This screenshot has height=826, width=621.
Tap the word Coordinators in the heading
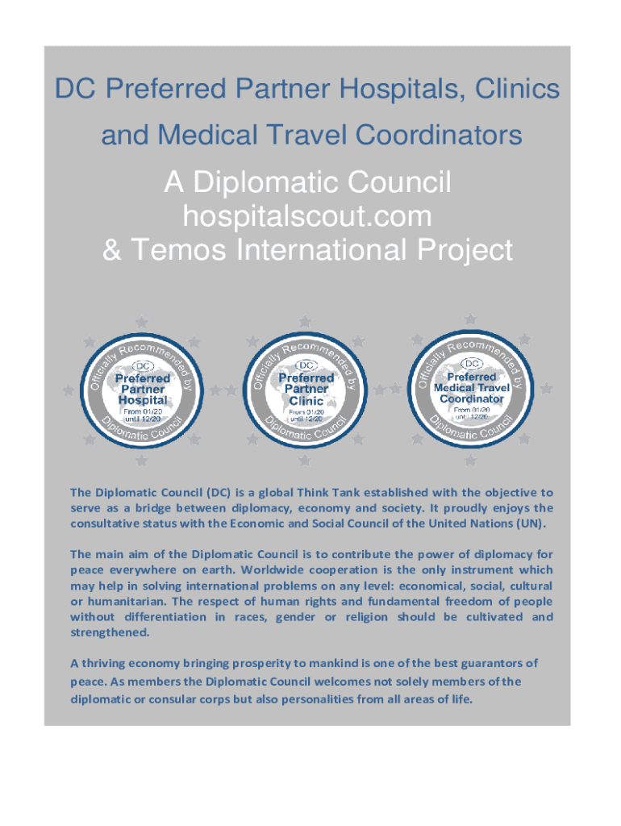pos(436,136)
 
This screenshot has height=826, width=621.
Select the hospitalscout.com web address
pos(306,216)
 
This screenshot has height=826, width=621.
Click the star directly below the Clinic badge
pos(305,461)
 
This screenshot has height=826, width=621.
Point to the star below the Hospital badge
pos(141,461)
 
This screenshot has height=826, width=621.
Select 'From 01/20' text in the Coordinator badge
pos(471,410)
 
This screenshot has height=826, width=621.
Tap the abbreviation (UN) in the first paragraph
pos(529,524)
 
